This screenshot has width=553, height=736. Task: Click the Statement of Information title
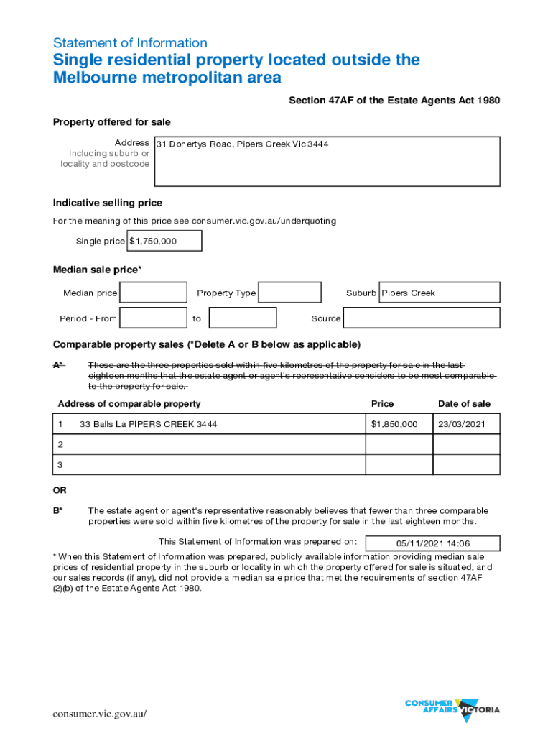click(130, 42)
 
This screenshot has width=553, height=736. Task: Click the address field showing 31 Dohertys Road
click(327, 161)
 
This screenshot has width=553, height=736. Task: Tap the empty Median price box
click(153, 293)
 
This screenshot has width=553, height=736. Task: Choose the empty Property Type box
click(289, 293)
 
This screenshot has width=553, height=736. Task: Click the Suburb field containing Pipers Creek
click(439, 293)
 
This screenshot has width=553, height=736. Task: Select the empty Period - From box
click(153, 318)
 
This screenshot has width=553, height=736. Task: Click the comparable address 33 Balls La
click(149, 424)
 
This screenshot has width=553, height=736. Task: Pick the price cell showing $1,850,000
click(394, 424)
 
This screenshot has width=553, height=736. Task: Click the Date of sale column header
click(464, 404)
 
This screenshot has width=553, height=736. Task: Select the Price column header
click(382, 404)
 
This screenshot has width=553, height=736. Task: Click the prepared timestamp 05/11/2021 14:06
click(432, 543)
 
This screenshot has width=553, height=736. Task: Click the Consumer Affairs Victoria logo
click(452, 709)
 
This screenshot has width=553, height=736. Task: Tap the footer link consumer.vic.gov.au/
click(100, 714)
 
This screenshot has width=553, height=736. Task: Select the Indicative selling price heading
click(108, 203)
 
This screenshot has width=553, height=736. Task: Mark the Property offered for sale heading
click(111, 122)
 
